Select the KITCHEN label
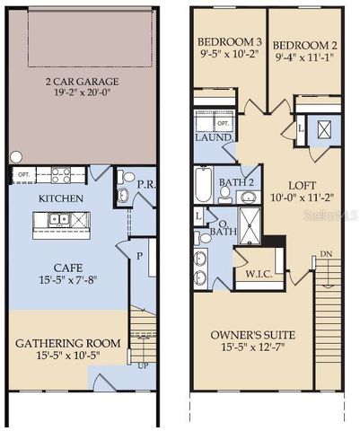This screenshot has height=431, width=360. [x=62, y=198]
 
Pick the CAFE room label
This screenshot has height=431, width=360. [x=62, y=266]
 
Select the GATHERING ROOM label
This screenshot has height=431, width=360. [x=66, y=343]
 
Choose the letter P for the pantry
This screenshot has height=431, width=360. [x=140, y=255]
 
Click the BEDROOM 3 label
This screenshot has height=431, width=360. [x=229, y=44]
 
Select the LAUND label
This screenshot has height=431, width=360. [x=214, y=137]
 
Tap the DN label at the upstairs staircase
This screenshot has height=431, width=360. [x=327, y=254]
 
